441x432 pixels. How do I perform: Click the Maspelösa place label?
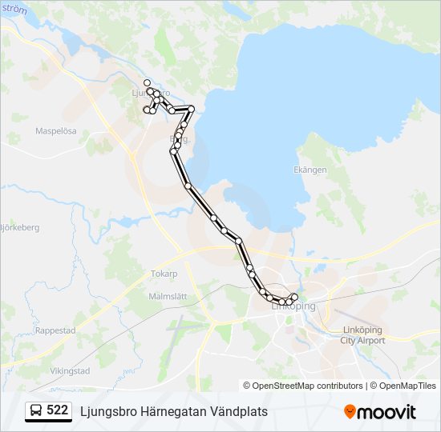[x=56, y=130]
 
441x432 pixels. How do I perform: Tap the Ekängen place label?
[x=310, y=170]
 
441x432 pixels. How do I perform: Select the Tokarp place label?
[x=164, y=274]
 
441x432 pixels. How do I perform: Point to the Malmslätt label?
[x=168, y=296]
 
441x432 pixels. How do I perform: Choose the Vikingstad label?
[x=70, y=371]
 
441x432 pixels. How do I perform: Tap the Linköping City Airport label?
[x=362, y=335]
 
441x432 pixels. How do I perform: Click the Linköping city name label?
[x=294, y=306]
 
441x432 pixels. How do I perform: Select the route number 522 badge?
[x=57, y=410]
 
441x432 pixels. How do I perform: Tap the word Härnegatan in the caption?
[x=167, y=411]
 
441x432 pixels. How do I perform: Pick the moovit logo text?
[x=386, y=412]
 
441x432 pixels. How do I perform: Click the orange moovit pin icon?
[x=350, y=411]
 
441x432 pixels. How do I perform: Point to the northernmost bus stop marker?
[x=147, y=82]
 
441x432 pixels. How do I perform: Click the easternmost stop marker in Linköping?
[x=294, y=298]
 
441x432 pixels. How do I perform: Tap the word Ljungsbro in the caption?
[x=107, y=411]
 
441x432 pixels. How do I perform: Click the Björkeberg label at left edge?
[x=19, y=227]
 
